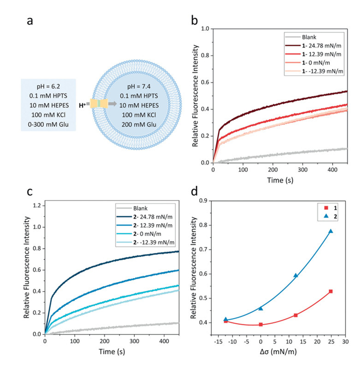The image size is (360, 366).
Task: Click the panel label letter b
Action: (x=194, y=22)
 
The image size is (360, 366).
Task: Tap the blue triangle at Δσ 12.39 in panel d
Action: (x=296, y=276)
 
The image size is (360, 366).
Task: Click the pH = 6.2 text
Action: (x=48, y=85)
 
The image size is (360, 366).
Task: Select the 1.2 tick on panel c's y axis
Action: (x=37, y=205)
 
